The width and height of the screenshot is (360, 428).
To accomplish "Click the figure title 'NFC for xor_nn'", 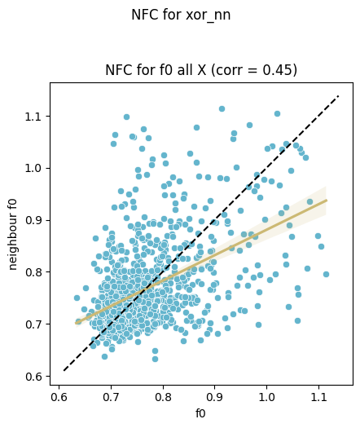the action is coord(181,15).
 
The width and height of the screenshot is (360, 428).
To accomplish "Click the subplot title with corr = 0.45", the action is coord(201,70).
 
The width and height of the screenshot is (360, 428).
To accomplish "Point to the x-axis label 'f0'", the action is coord(200,413).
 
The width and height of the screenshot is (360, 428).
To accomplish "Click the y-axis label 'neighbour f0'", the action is coord(13,235).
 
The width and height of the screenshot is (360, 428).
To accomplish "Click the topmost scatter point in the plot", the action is coord(222,109).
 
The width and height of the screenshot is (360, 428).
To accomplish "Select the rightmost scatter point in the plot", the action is coord(326,274).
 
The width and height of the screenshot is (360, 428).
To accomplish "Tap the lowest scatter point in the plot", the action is coord(155,359).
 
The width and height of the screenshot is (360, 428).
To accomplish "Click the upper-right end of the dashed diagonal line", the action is coord(339,96).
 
